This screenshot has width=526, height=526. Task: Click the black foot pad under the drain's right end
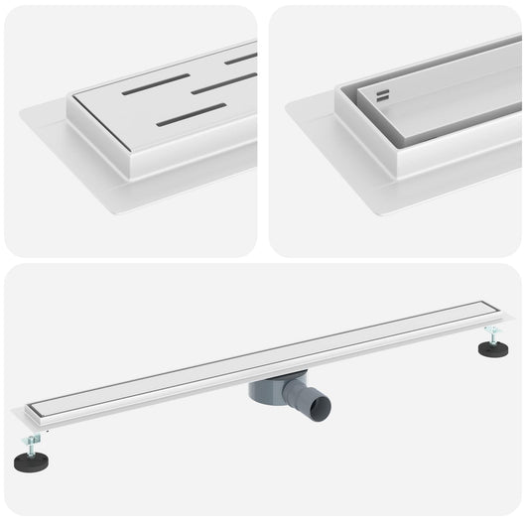(493, 349)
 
